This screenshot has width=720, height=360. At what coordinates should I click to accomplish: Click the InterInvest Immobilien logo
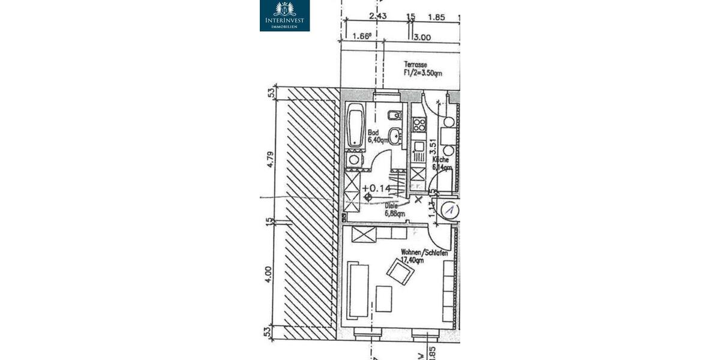[x=284, y=16]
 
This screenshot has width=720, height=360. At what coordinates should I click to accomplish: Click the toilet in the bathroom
[x=394, y=115]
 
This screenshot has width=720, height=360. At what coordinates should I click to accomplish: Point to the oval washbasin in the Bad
[x=395, y=137]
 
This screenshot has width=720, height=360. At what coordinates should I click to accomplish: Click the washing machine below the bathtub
[x=354, y=160]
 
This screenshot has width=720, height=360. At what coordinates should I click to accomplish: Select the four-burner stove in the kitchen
[x=419, y=125]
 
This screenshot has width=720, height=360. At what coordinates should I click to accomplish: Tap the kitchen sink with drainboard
[x=419, y=154]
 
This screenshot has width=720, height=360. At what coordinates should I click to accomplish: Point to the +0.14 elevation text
[x=376, y=188]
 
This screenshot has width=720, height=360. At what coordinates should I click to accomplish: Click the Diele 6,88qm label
[x=394, y=208]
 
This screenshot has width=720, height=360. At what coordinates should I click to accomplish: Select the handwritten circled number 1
[x=450, y=210]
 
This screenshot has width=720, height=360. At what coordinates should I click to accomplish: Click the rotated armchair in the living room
[x=400, y=272]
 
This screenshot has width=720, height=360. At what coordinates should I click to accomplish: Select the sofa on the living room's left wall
[x=358, y=289]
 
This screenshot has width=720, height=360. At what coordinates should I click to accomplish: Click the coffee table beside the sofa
[x=383, y=299]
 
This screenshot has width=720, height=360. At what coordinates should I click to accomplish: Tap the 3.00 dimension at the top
[x=422, y=37]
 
